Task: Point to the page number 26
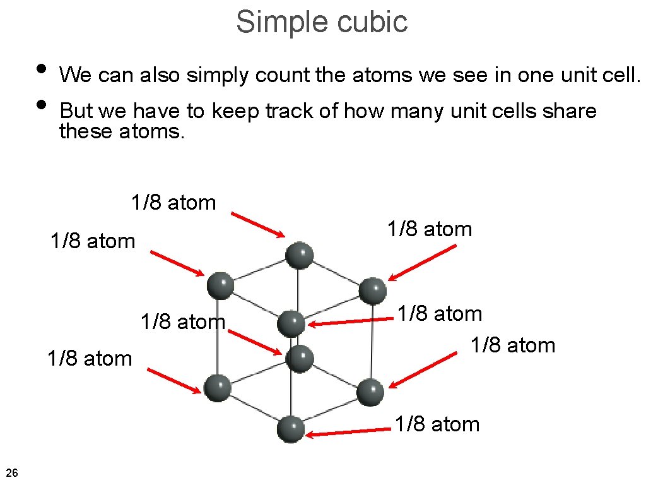click(11, 472)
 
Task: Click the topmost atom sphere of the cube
click(299, 256)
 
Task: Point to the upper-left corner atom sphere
click(221, 285)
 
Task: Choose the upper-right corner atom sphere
click(372, 290)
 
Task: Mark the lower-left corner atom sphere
click(218, 386)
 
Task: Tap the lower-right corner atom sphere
click(370, 392)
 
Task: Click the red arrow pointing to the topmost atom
click(258, 225)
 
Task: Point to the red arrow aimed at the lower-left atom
click(174, 381)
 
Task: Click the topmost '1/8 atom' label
click(173, 203)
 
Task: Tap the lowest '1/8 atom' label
click(437, 424)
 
